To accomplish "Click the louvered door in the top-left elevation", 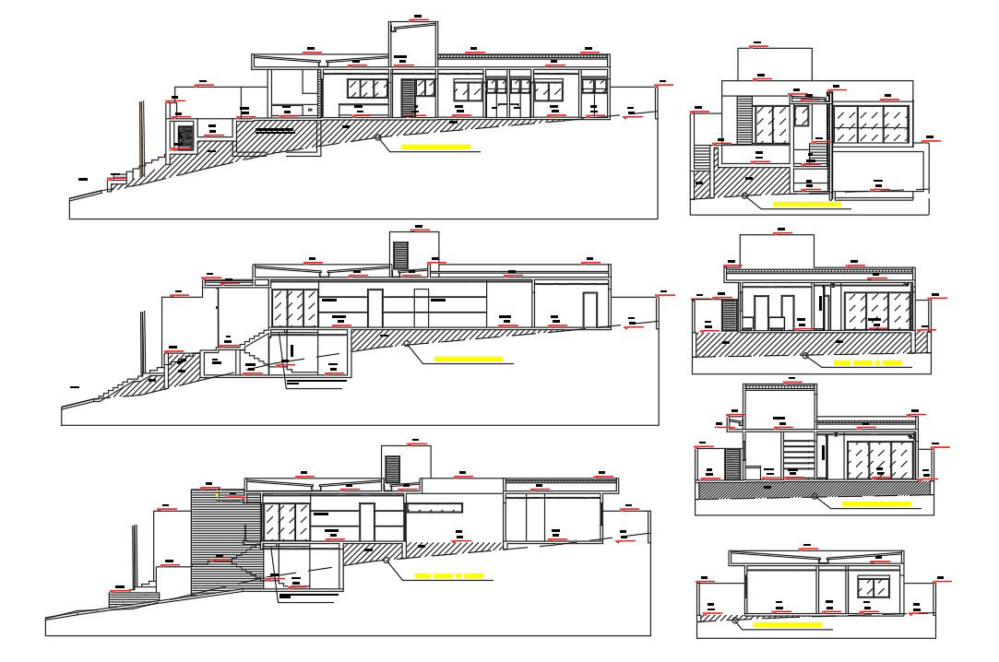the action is point(408,97).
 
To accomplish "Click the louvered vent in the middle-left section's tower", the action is point(400,255).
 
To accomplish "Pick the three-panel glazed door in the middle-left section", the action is point(294,306).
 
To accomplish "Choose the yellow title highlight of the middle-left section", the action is point(468,358).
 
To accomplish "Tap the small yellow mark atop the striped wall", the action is point(218,495).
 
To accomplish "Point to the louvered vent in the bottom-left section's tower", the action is point(392,468).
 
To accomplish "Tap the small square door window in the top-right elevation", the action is point(802,115).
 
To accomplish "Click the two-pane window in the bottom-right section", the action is point(872,587).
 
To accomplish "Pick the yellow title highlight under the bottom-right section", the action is point(787,624).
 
